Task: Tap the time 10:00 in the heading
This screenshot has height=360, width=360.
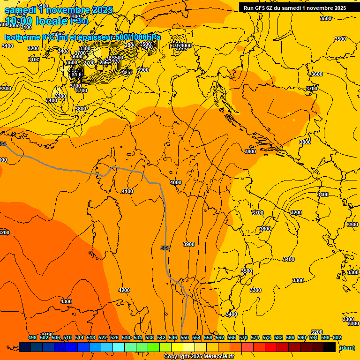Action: point(20,21)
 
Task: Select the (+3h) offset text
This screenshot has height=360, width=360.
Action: point(79,21)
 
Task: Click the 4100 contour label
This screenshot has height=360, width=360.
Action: point(127,191)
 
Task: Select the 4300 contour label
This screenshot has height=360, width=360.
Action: point(66,301)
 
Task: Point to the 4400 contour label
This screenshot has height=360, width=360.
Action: point(47,334)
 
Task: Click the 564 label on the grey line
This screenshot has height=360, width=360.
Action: point(165,247)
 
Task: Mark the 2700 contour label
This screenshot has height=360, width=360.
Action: point(89,63)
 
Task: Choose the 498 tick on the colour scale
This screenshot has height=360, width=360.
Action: point(32,337)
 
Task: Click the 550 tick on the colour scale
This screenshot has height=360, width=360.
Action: point(185,337)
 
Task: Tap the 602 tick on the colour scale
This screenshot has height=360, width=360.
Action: point(337,337)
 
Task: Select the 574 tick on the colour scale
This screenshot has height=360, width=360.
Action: point(255,337)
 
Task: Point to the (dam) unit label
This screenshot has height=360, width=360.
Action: point(347,348)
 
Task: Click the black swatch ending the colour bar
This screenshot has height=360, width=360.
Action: point(330,347)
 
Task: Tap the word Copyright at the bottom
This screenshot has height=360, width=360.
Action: point(177,356)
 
